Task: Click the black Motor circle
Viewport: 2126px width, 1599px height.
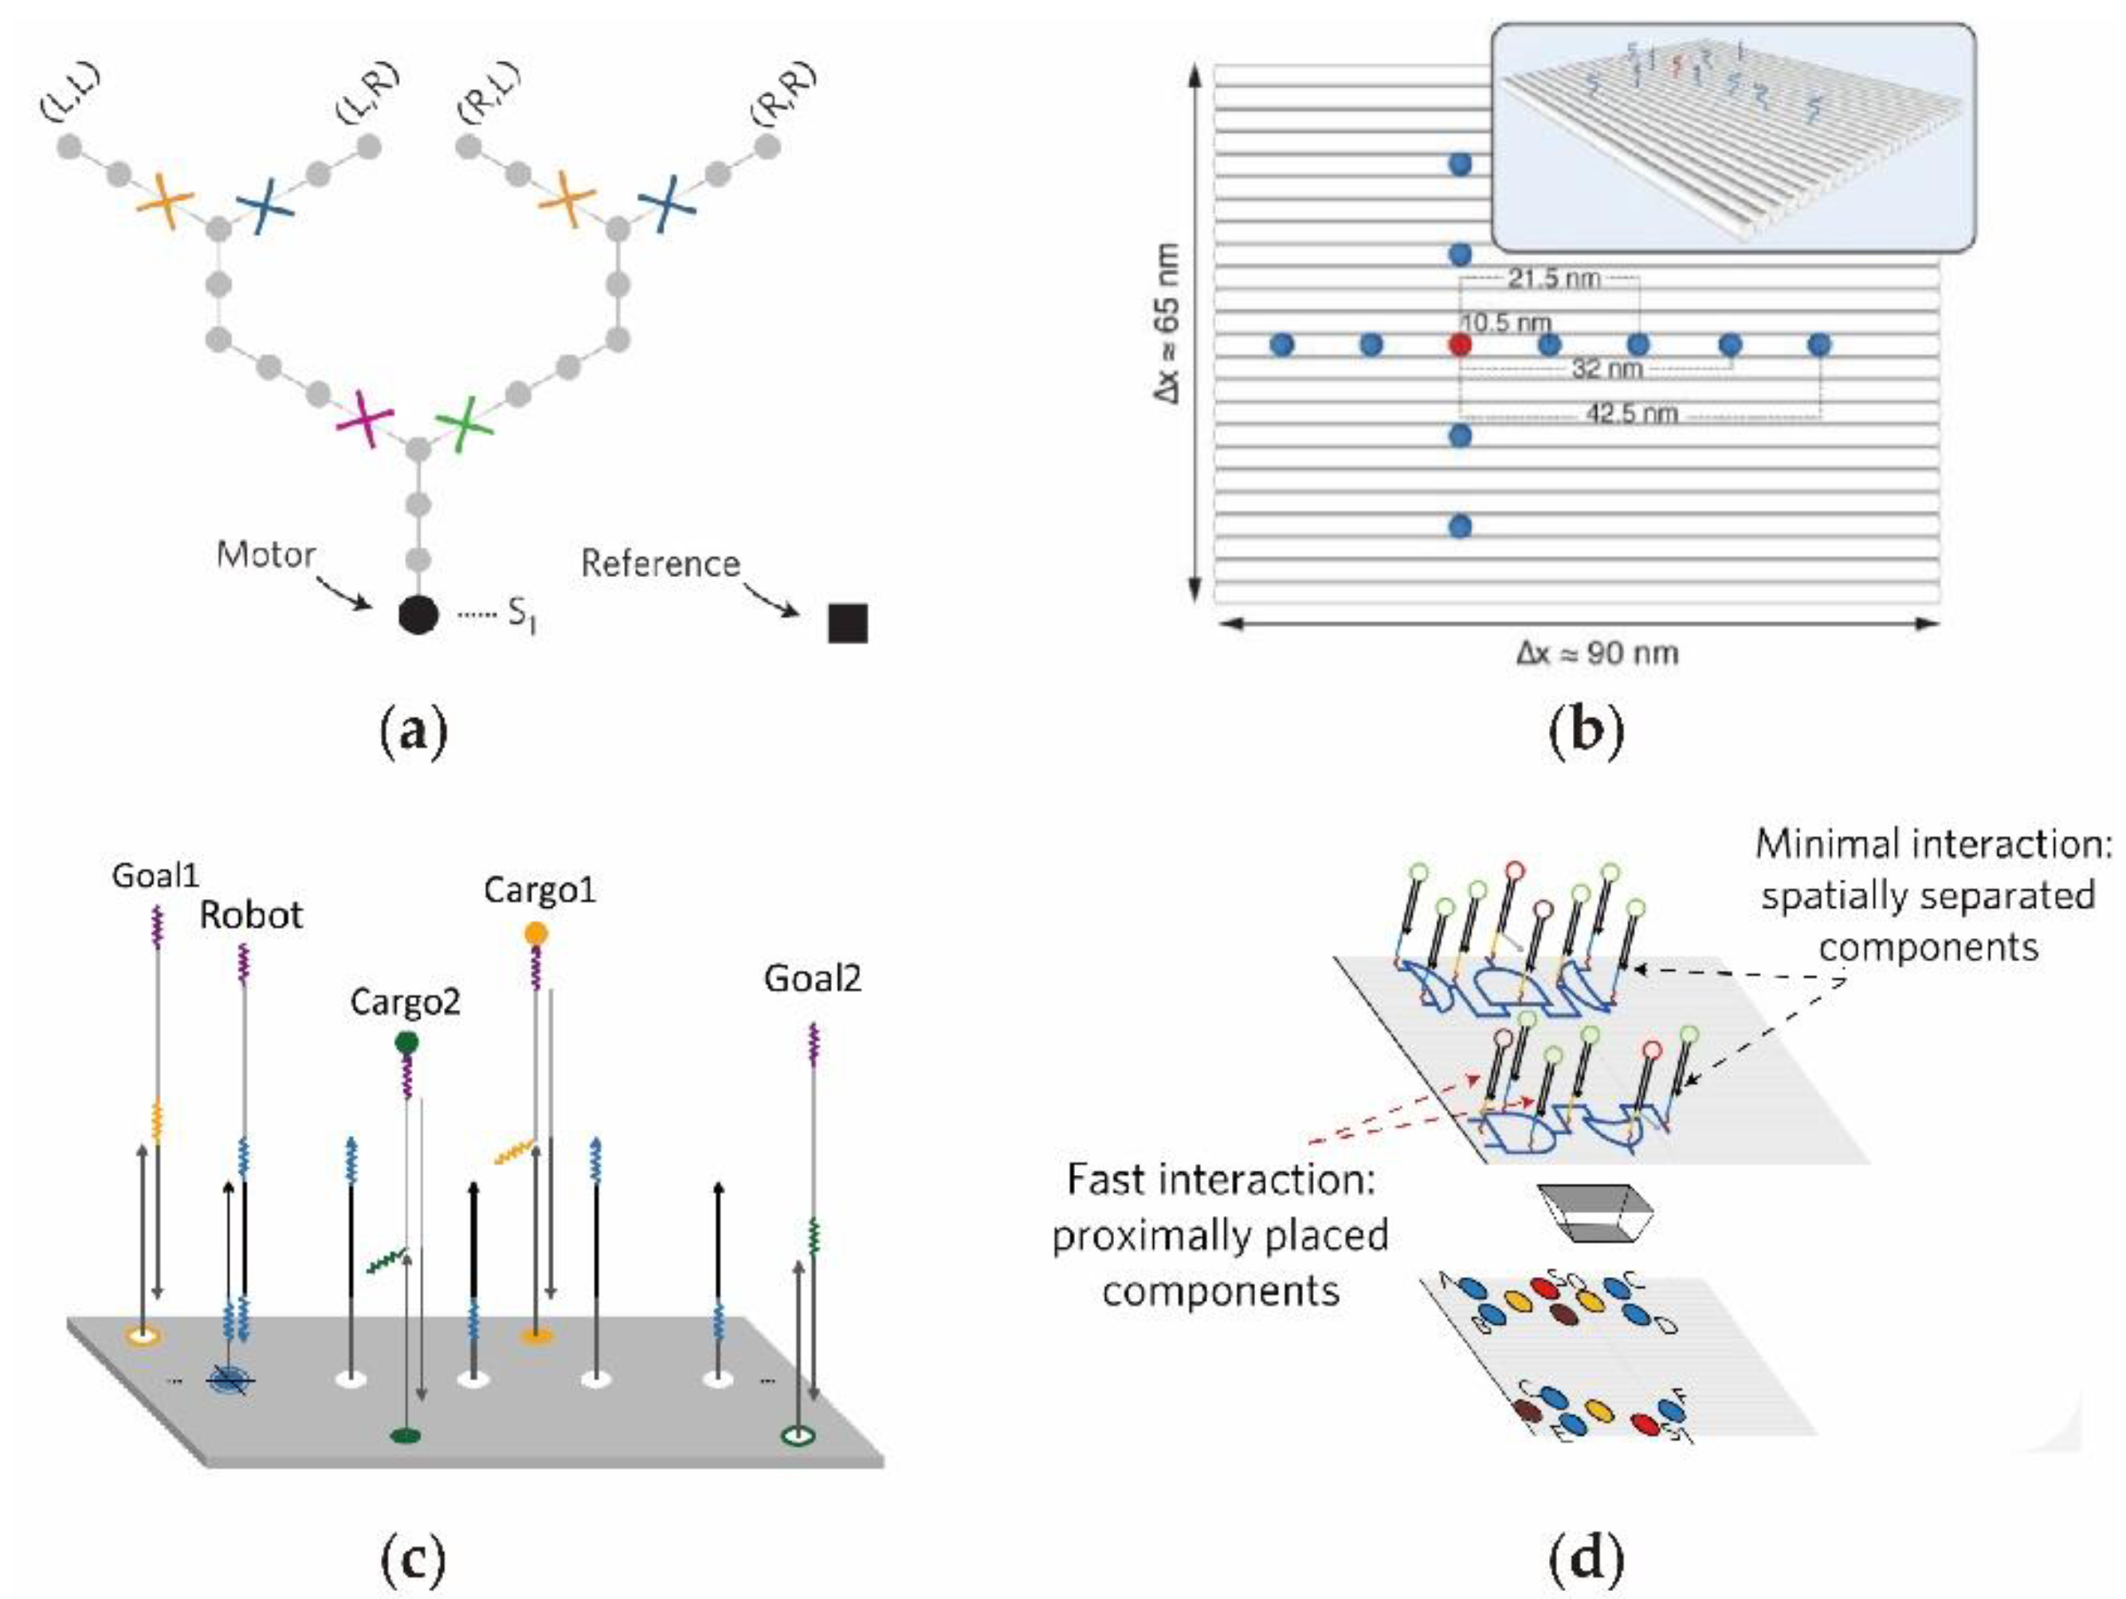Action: pyautogui.click(x=418, y=615)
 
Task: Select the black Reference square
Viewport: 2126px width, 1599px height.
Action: pyautogui.click(x=848, y=623)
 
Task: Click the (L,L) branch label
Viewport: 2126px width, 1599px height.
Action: pyautogui.click(x=72, y=93)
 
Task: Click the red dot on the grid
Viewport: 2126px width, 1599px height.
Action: pyautogui.click(x=1460, y=344)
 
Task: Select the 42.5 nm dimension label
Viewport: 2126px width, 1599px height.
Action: pyautogui.click(x=1631, y=414)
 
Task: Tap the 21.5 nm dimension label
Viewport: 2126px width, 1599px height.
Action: pyautogui.click(x=1554, y=279)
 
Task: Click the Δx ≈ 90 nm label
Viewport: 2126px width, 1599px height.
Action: pyautogui.click(x=1598, y=654)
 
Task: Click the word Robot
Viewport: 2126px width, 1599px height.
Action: pyautogui.click(x=251, y=914)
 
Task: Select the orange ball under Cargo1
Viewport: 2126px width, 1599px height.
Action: pyautogui.click(x=536, y=933)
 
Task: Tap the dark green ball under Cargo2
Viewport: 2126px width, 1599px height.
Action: pyautogui.click(x=406, y=1043)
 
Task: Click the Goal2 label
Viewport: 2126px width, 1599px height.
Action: pyautogui.click(x=812, y=978)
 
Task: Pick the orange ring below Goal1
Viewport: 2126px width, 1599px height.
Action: pyautogui.click(x=143, y=1335)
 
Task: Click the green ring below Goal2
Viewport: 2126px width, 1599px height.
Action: pyautogui.click(x=798, y=1436)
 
